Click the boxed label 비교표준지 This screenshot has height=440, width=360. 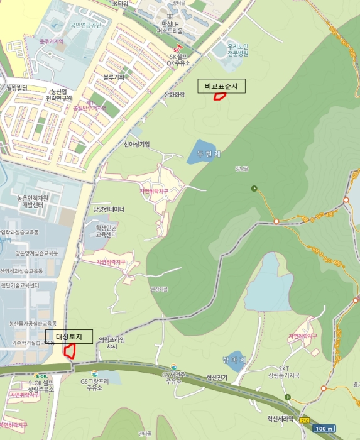[x=222, y=86]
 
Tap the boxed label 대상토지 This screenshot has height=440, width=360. [x=69, y=336]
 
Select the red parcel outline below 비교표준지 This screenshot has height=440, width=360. [x=220, y=96]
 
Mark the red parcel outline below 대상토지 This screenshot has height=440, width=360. [x=70, y=351]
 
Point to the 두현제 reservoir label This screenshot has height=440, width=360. [x=207, y=154]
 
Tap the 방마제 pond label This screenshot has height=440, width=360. [x=232, y=360]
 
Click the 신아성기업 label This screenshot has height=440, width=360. [x=136, y=144]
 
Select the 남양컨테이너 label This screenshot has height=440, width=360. [x=109, y=209]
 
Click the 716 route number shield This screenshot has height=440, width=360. [x=305, y=420]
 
